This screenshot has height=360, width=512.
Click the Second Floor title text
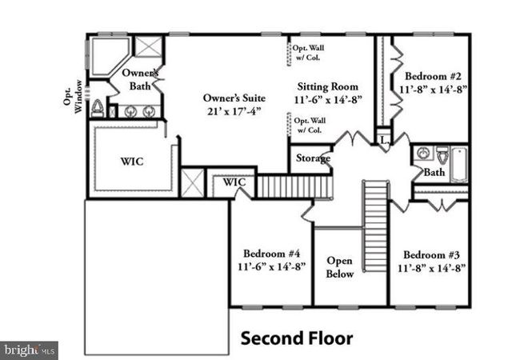click(297, 338)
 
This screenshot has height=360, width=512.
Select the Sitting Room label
click(327, 86)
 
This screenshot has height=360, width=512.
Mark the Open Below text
click(339, 267)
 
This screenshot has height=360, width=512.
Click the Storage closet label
click(313, 158)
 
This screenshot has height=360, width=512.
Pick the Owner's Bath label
click(140, 79)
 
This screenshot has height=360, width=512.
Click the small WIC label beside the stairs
click(234, 182)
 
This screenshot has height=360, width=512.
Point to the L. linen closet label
click(384, 140)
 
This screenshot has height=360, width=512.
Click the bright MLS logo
click(30, 350)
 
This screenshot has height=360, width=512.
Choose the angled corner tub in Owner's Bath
click(106, 54)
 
